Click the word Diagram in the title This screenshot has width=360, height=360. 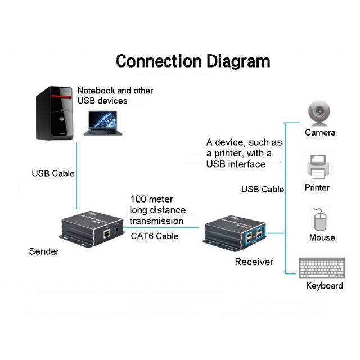coord(237,61)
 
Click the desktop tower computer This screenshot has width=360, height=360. coord(55,112)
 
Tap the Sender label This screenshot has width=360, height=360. coord(44,251)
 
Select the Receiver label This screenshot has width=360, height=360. coord(254,262)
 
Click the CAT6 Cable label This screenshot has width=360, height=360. coord(155,236)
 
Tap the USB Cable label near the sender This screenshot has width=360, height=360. coord(53,173)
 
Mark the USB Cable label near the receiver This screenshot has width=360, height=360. coord(263,189)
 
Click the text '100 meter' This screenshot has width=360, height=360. coord(152,199)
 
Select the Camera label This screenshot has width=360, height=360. coord(320,133)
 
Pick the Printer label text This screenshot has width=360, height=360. coord(317,187)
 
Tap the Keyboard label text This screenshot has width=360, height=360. coord(325,286)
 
